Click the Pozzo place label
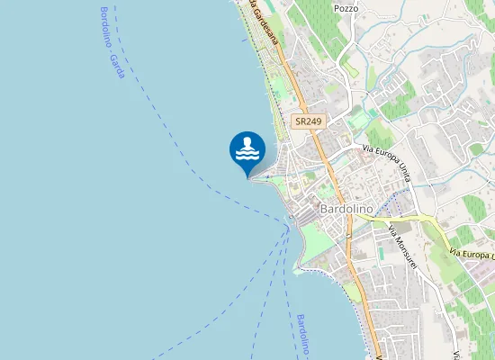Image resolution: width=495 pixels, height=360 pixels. point(346,8)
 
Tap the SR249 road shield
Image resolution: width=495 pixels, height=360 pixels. point(309,121)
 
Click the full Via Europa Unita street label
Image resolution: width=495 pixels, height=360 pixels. point(386,162)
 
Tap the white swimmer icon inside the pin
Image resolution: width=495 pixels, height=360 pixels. point(247,148)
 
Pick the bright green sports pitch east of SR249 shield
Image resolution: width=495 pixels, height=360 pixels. point(361,118)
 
